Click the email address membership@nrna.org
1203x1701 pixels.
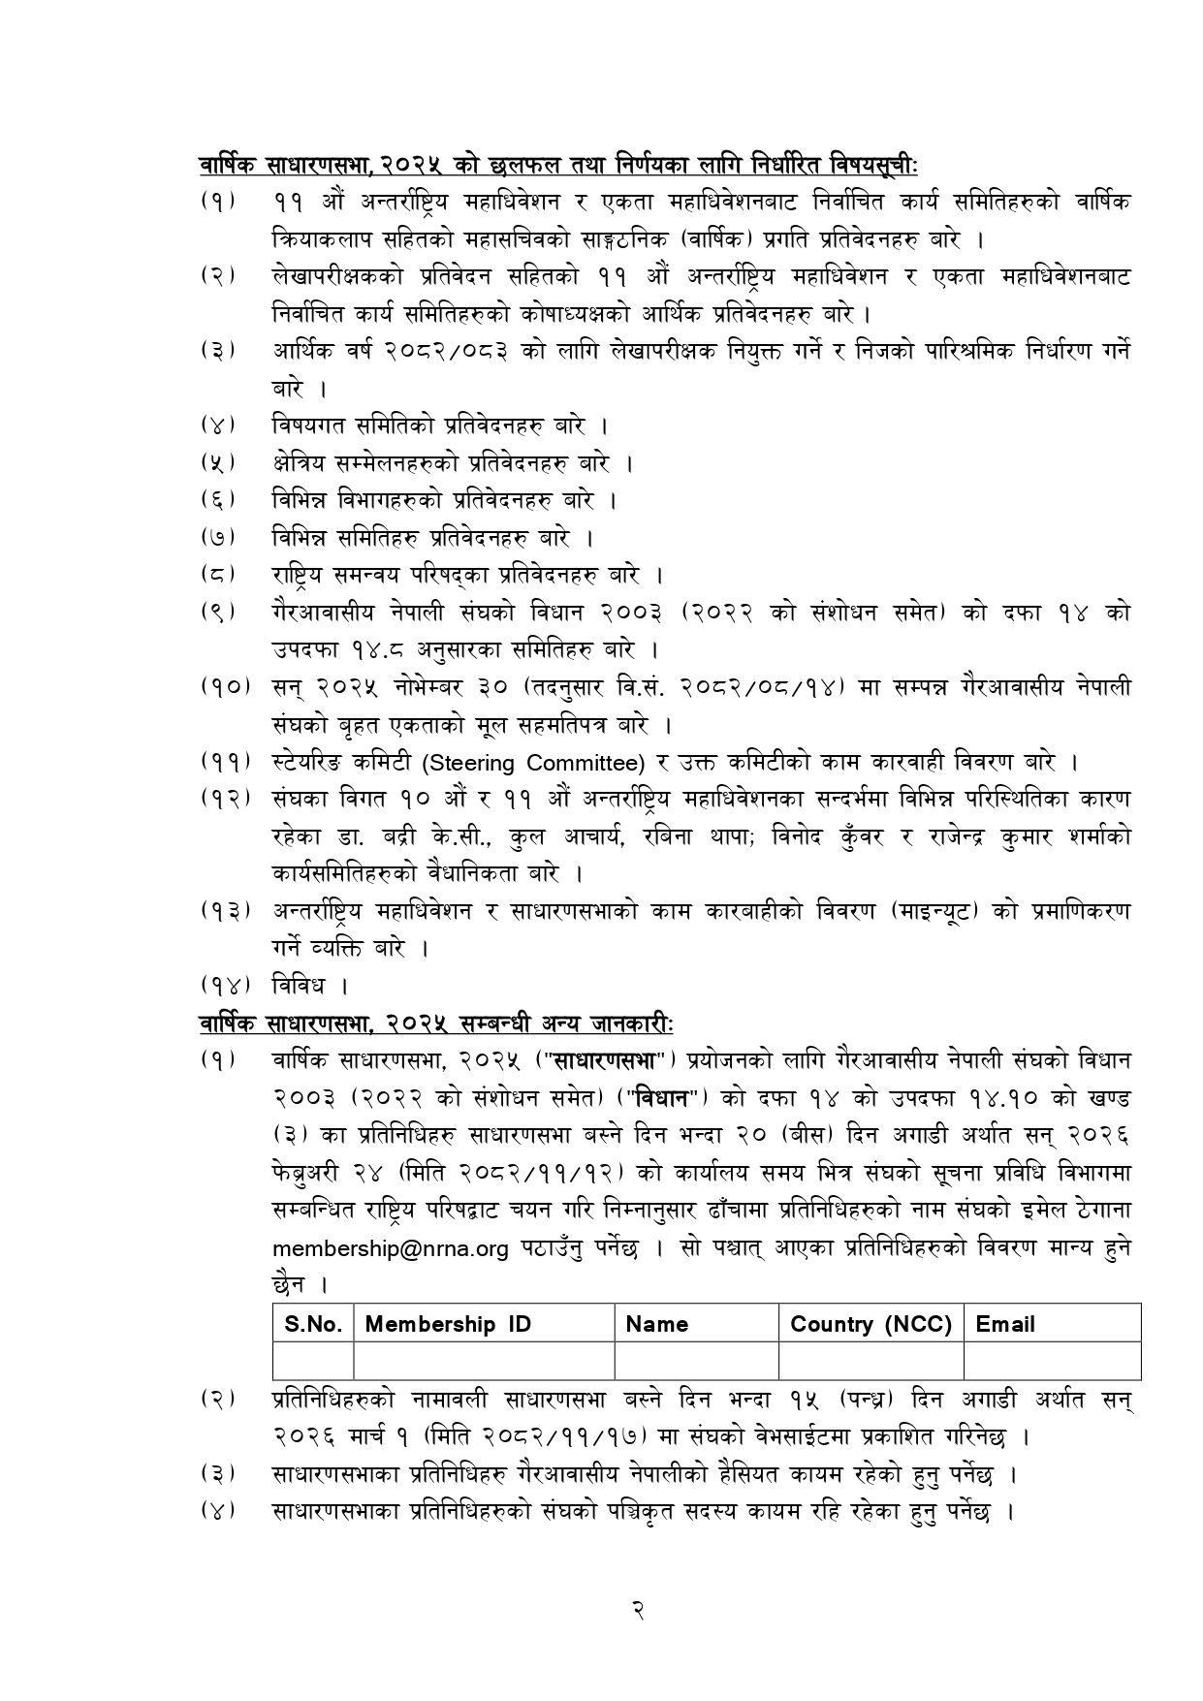(x=390, y=1248)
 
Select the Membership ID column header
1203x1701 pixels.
(x=448, y=1324)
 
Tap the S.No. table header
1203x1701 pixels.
(x=314, y=1324)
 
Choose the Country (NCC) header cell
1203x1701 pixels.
(x=871, y=1324)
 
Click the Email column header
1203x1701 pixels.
(x=1005, y=1324)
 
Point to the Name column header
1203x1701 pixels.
(x=657, y=1324)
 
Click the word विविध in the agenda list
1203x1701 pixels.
(x=299, y=986)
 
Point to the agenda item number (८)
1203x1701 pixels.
(x=219, y=575)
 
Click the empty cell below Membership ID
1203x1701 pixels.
(x=485, y=1361)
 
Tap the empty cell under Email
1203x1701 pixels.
(x=1052, y=1361)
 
